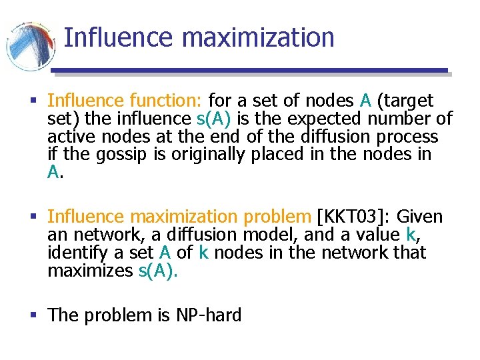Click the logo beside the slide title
(x=31, y=45)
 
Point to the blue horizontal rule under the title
(x=250, y=70)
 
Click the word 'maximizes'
(x=89, y=271)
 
